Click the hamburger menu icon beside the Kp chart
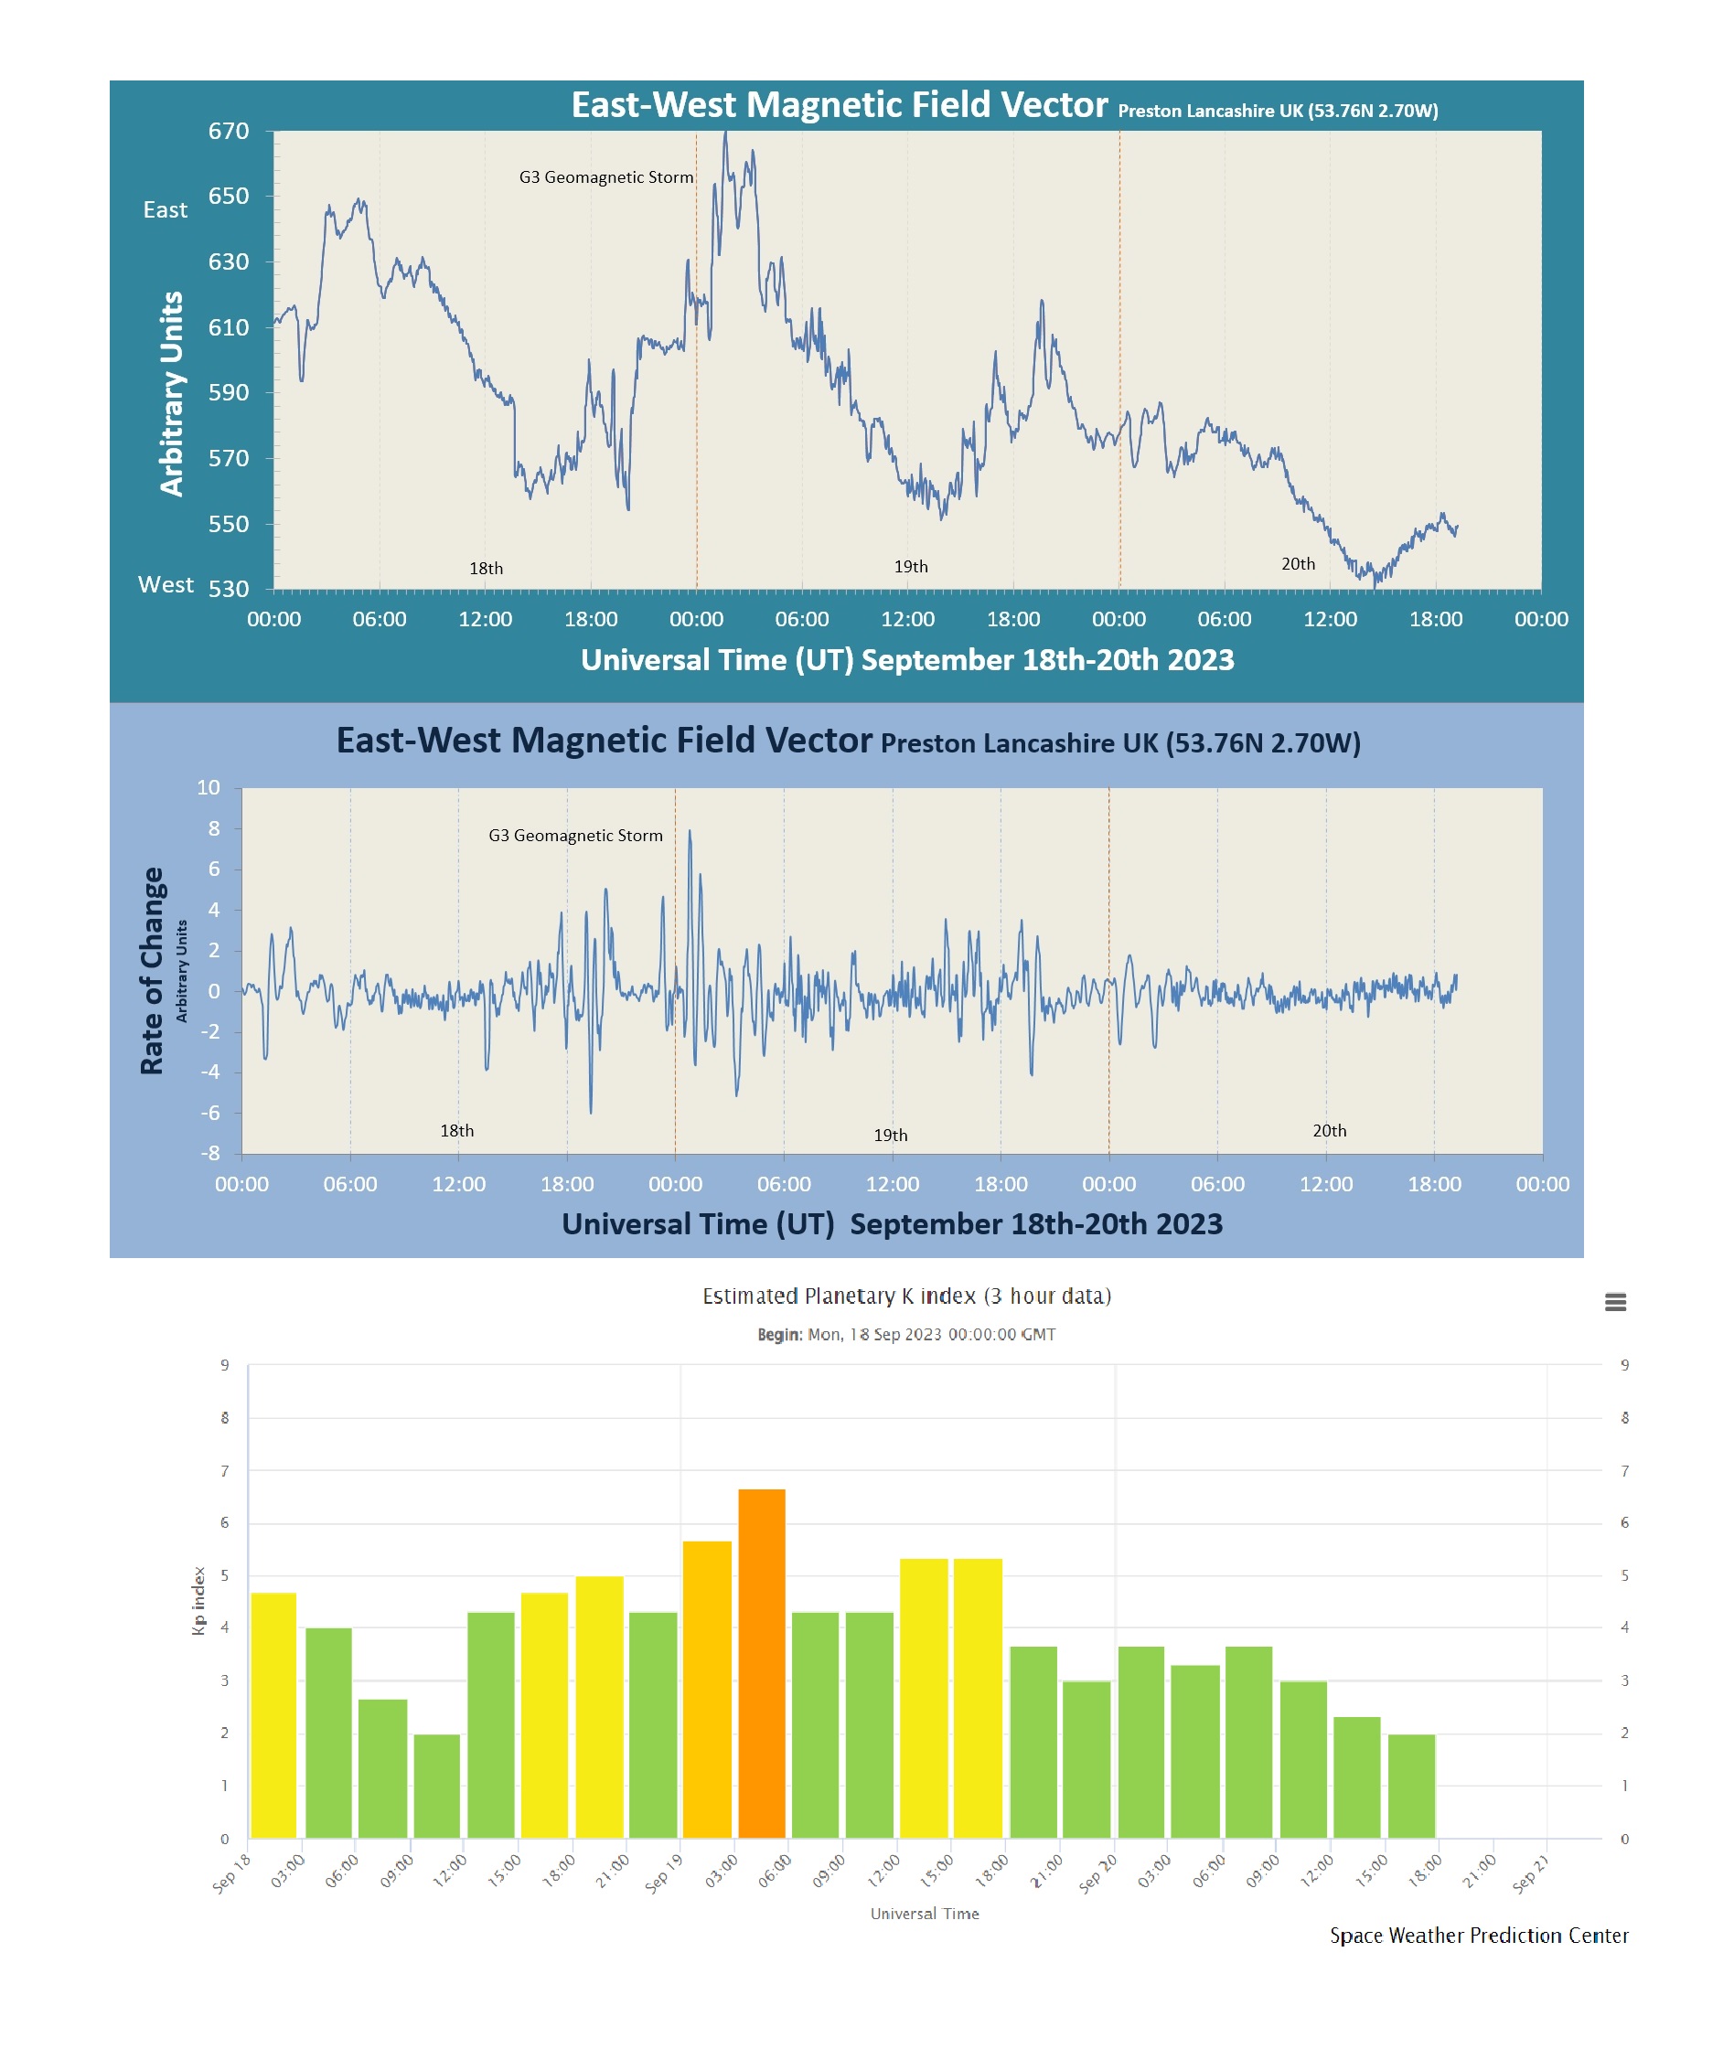coord(1615,1302)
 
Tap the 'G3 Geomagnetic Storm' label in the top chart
coord(605,176)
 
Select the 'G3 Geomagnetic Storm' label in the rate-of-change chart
coord(575,836)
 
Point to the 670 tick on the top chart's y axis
coord(228,131)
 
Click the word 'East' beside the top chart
coord(166,210)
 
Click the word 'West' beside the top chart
coord(166,585)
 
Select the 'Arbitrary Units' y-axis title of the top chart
coord(172,393)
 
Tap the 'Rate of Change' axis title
coord(152,970)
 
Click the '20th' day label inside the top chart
coord(1298,564)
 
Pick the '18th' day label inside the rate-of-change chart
coord(456,1131)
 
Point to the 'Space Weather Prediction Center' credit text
coord(1479,1936)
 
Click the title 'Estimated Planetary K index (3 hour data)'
coord(906,1296)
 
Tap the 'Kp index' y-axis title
coord(199,1601)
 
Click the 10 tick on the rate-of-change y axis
coord(209,787)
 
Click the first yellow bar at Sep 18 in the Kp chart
coord(273,1715)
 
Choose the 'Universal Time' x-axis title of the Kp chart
coord(924,1914)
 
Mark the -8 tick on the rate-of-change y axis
coord(209,1153)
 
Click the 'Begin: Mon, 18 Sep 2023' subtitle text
coord(905,1335)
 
